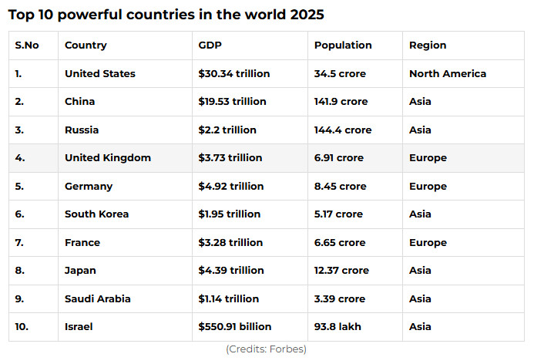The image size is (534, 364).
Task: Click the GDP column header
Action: [210, 45]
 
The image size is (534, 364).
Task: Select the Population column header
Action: [343, 45]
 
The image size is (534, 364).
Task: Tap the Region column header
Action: [428, 45]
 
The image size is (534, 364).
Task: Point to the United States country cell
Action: [100, 74]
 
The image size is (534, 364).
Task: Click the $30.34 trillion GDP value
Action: [234, 74]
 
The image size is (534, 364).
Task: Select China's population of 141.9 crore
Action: [341, 102]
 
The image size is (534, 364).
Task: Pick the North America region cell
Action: [448, 74]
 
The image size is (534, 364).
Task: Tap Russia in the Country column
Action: [82, 130]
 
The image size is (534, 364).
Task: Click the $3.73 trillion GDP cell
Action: [230, 158]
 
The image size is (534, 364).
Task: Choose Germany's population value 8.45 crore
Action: [340, 186]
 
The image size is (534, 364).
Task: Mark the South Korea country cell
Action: [96, 214]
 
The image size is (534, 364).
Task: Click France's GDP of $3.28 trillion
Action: [230, 242]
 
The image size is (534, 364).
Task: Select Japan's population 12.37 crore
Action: [341, 270]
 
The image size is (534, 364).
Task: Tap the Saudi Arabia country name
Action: [98, 298]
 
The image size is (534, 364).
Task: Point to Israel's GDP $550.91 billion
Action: [235, 326]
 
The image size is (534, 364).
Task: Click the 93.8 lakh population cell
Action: [338, 326]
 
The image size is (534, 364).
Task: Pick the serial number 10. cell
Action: [22, 326]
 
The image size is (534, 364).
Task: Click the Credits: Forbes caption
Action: [266, 349]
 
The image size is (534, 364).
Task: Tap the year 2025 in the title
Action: [303, 15]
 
